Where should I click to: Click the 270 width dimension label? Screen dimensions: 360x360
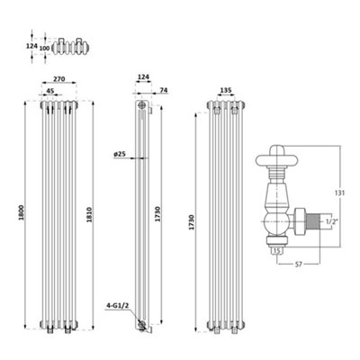pos(59,79)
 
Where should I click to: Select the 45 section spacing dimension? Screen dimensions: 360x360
pos(50,91)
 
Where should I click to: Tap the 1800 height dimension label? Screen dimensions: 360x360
pos(21,212)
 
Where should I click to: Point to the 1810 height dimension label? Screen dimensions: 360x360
pos(89,214)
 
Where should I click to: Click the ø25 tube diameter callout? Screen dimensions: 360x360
pos(120,155)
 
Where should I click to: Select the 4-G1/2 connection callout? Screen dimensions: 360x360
pos(118,306)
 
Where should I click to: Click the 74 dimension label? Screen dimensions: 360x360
pos(164,90)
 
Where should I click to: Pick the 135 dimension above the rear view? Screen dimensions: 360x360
pos(226,90)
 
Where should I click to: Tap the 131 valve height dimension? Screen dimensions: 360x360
pos(340,193)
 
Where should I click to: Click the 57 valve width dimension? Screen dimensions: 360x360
pos(299,265)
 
